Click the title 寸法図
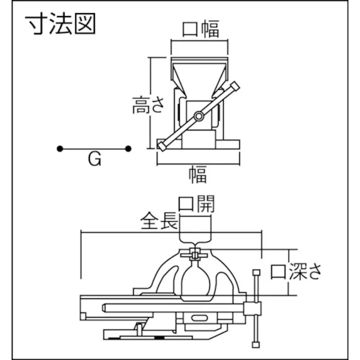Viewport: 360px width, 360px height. coord(60,25)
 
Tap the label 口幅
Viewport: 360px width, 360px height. coord(200,29)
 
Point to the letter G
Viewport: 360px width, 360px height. coord(95,160)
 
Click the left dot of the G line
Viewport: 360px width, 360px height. coord(60,148)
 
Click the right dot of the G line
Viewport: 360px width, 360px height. coord(129,148)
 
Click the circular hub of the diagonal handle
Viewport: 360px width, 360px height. coord(199,117)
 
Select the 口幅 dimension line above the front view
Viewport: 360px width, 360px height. coord(200,43)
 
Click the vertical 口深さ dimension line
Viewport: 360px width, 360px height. coord(288,272)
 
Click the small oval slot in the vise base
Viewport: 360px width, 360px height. coord(199,318)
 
